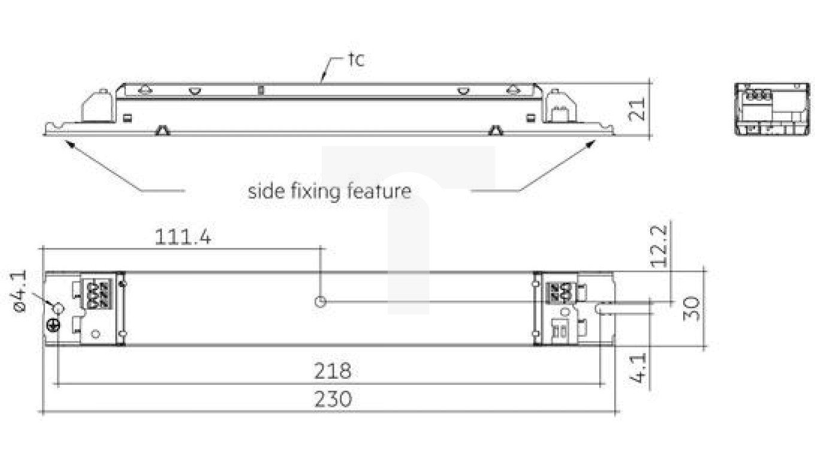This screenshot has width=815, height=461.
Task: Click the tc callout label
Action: click(x=356, y=60)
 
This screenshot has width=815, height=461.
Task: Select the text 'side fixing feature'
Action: click(x=330, y=191)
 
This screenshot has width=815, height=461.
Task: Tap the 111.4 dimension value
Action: click(x=183, y=237)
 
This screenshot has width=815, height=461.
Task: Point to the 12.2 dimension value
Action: click(x=659, y=246)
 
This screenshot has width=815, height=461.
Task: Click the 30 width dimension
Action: click(x=691, y=307)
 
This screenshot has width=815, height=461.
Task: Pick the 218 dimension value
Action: click(x=333, y=372)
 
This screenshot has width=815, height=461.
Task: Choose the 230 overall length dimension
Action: click(x=333, y=399)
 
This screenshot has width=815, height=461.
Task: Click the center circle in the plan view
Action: click(x=321, y=301)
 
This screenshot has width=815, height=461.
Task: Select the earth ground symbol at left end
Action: click(x=53, y=325)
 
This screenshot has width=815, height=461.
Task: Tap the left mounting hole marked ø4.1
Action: click(x=59, y=309)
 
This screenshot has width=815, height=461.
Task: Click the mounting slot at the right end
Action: click(x=605, y=307)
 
